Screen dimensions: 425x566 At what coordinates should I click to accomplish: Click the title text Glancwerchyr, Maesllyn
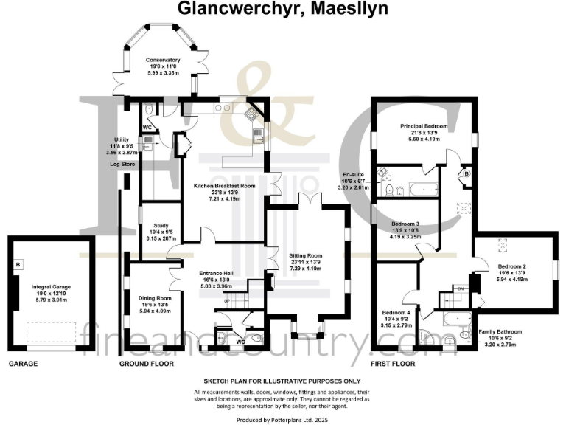(282, 9)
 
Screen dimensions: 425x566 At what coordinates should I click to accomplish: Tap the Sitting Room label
(305, 255)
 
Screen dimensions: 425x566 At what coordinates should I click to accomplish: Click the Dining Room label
(155, 298)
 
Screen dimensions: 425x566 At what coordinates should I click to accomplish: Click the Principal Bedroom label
(424, 126)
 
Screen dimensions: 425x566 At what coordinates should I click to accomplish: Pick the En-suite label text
(352, 174)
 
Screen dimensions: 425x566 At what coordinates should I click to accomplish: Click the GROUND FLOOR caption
(147, 364)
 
